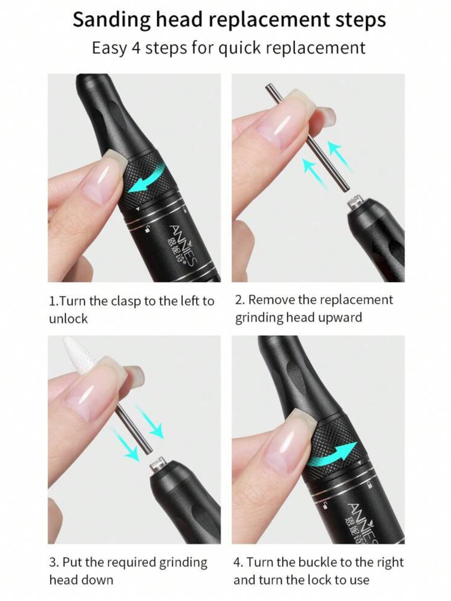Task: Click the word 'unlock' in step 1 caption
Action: pos(68,319)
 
